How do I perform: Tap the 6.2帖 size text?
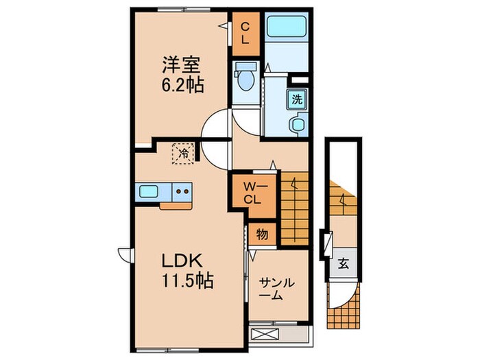[x=182, y=87]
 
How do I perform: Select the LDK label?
[x=180, y=261]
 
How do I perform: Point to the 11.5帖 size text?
[x=186, y=280]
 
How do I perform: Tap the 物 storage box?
[x=263, y=234]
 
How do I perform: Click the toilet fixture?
[x=245, y=78]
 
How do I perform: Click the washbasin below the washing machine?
[x=298, y=125]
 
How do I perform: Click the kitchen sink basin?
[x=149, y=191]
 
